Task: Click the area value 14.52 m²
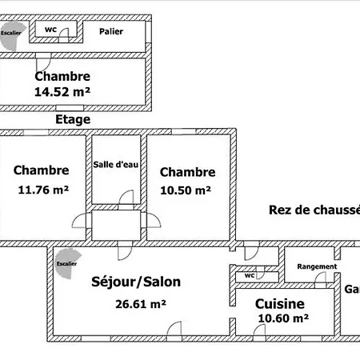point(62,92)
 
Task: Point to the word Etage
point(73,119)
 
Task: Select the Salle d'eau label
point(118,164)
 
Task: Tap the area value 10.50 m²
point(186,190)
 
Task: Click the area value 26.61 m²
point(141,304)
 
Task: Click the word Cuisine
point(279,303)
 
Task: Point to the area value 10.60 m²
point(284,318)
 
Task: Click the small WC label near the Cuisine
point(249,275)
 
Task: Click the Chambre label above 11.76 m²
point(42,170)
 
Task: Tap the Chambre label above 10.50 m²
point(187,172)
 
